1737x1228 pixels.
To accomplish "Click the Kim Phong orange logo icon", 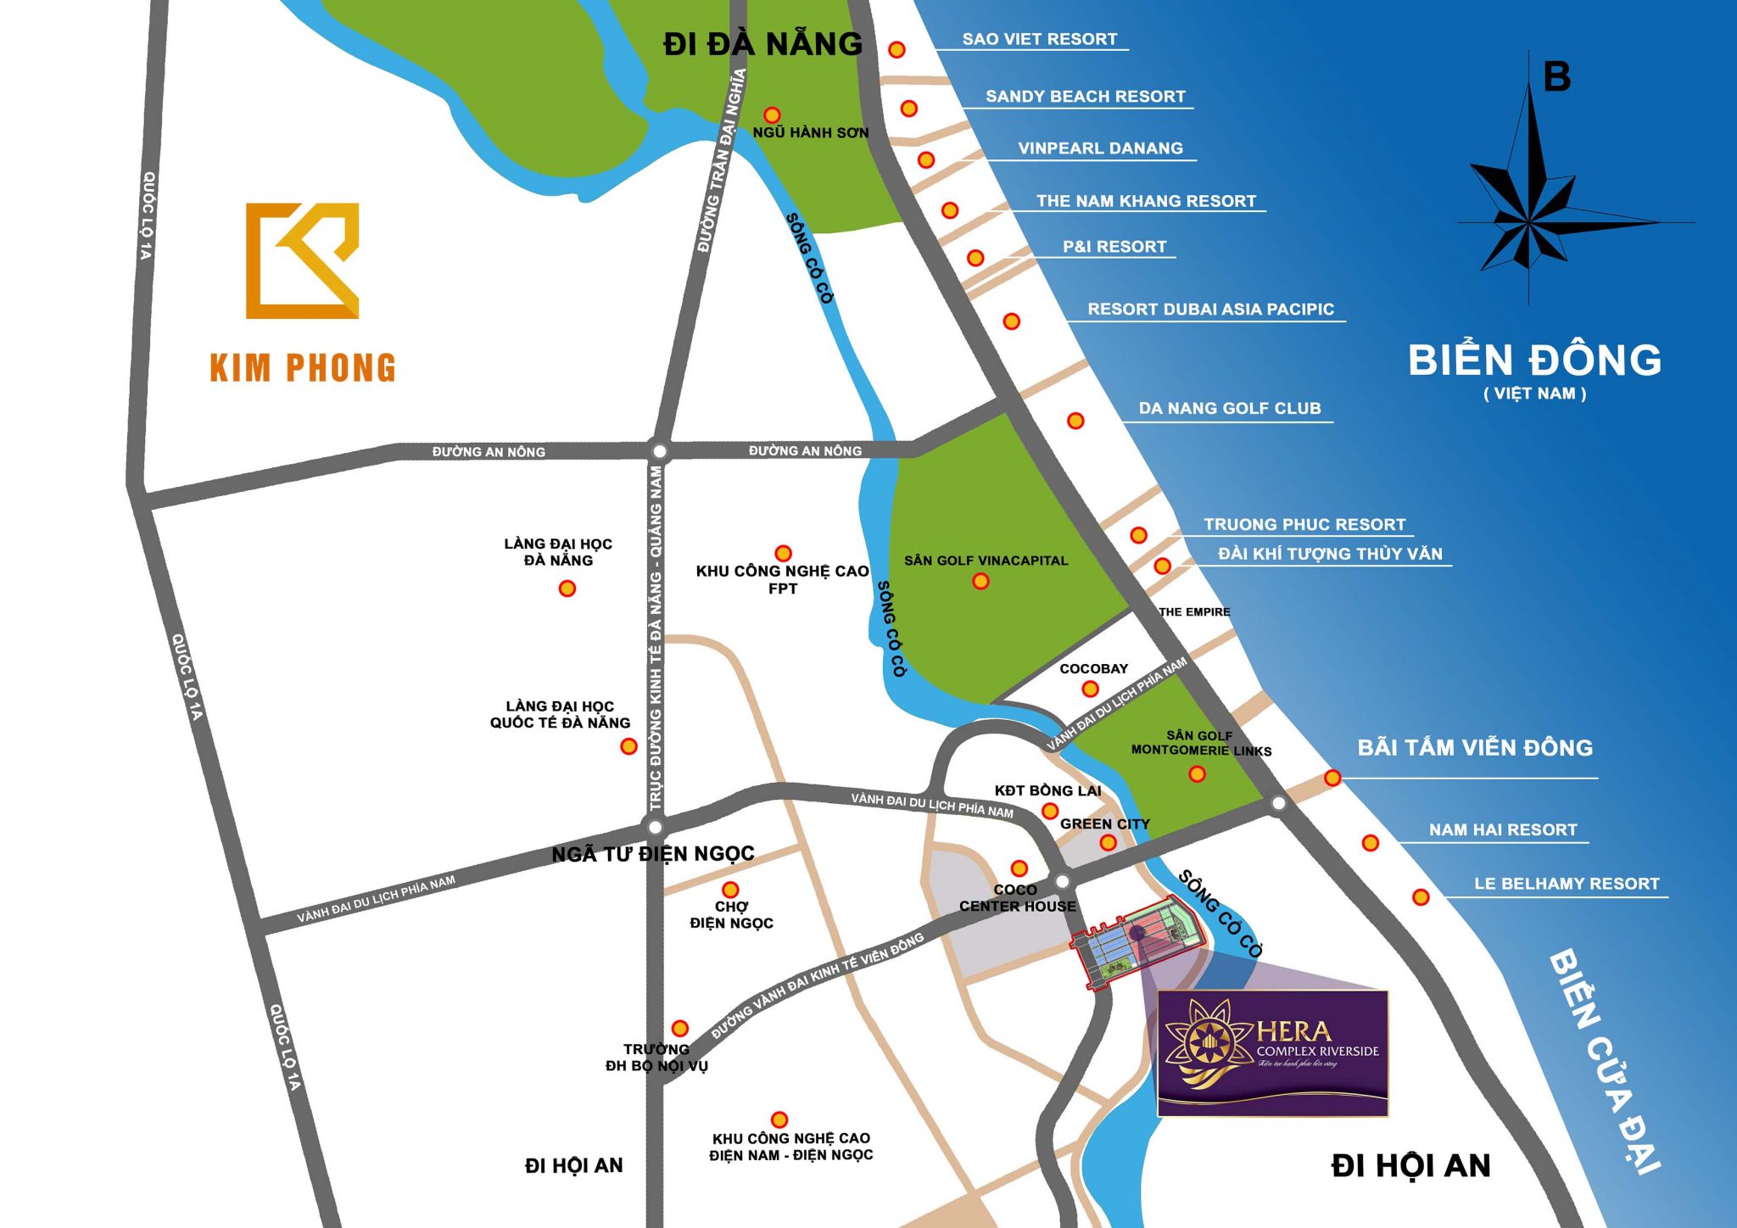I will (302, 260).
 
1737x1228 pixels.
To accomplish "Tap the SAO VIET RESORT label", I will (1039, 39).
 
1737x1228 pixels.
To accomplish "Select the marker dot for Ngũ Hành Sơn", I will (772, 114).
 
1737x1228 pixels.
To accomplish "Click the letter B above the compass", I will (1556, 77).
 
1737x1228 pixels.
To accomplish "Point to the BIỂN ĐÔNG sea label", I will (1534, 360).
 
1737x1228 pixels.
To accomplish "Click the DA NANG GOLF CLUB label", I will (1229, 408).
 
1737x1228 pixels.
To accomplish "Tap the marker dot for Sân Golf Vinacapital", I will (980, 581).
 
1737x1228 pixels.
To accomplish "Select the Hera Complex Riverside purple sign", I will (1272, 1052).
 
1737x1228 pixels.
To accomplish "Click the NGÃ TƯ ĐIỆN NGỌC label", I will (652, 853).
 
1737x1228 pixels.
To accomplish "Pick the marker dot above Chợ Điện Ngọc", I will (729, 890).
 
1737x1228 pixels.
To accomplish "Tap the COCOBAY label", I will (1093, 668).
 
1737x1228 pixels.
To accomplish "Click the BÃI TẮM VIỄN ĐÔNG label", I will (1475, 747).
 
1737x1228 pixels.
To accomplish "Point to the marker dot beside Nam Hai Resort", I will (1370, 842).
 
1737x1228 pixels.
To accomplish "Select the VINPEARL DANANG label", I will (1100, 148).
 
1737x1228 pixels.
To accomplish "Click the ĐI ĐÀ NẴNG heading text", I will (762, 44).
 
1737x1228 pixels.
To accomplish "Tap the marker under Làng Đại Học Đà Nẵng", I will (567, 588).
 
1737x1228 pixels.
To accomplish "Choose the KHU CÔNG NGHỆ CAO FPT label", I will (782, 579).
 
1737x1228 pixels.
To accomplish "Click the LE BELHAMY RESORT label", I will (1566, 884).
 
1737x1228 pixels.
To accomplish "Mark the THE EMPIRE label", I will (1193, 611).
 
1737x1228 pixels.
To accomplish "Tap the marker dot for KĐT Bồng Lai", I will (1049, 811).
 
